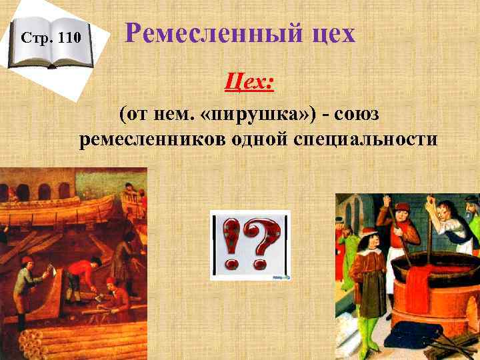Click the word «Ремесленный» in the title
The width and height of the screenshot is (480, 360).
[x=202, y=33]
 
